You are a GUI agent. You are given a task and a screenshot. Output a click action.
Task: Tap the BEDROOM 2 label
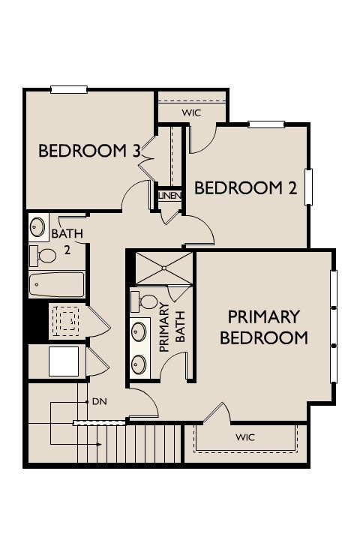click(x=246, y=188)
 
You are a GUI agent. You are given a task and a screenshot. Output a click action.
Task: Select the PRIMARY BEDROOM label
click(x=264, y=328)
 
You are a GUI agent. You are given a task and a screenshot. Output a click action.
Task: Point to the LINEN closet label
click(x=170, y=196)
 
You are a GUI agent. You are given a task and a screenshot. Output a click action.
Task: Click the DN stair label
click(x=100, y=402)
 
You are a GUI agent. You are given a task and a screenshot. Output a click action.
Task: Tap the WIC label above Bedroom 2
click(x=191, y=113)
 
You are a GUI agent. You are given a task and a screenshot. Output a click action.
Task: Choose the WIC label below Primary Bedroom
click(x=245, y=437)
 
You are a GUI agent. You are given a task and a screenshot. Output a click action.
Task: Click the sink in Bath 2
click(x=37, y=226)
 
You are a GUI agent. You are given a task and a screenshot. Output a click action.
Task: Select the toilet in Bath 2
click(x=43, y=256)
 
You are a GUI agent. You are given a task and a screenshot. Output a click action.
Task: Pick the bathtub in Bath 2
click(x=57, y=284)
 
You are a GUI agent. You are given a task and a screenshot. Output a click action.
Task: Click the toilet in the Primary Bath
click(x=145, y=302)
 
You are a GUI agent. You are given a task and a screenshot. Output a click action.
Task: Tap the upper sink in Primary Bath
click(x=139, y=331)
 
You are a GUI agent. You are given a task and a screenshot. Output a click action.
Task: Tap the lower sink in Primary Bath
click(x=139, y=364)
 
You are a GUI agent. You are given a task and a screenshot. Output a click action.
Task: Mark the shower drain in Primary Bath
click(x=164, y=268)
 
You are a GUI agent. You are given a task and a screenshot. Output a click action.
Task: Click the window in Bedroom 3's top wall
click(x=69, y=89)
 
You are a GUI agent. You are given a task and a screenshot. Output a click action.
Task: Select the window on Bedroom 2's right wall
click(x=309, y=187)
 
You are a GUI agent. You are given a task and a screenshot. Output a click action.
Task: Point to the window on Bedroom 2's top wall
click(x=266, y=124)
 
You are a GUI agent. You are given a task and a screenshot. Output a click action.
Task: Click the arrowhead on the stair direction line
click(x=99, y=444)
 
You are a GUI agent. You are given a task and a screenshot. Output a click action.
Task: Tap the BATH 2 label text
click(x=67, y=241)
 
